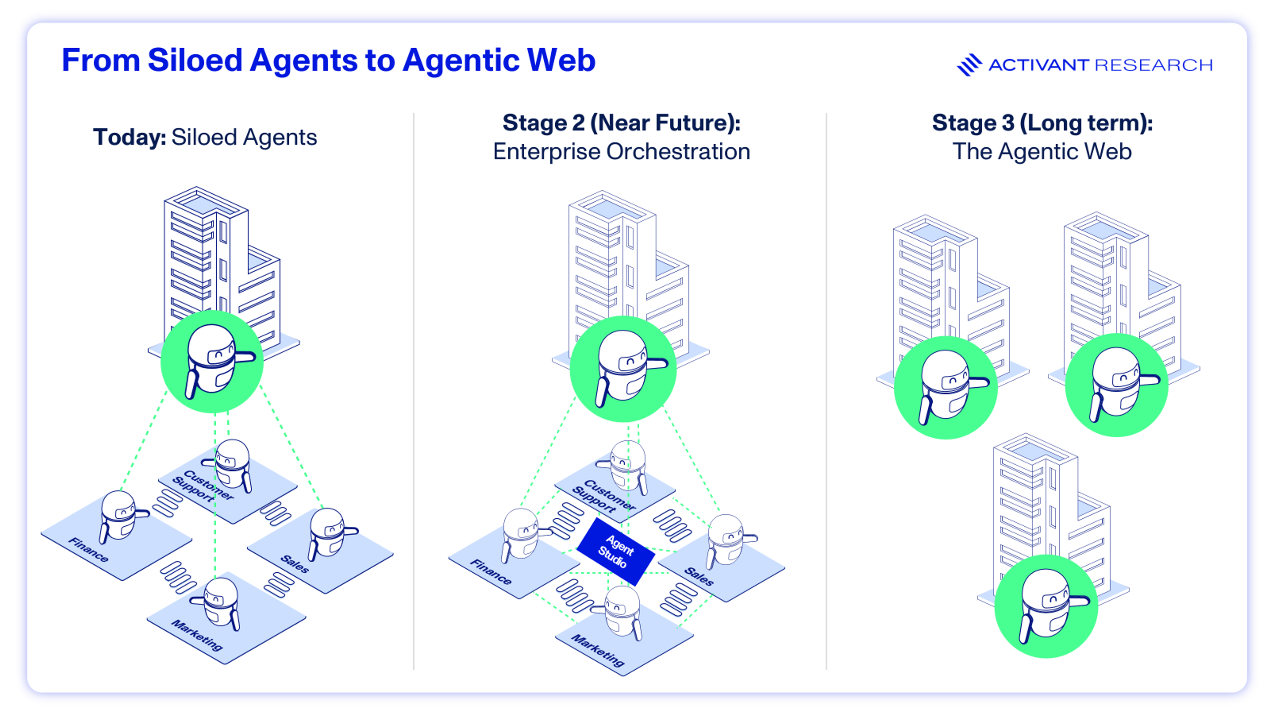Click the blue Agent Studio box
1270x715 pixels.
[616, 552]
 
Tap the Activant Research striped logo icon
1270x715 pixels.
[969, 65]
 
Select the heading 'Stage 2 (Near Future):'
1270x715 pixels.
[621, 122]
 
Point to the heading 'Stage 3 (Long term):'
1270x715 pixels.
[1042, 122]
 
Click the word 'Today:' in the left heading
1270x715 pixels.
[130, 137]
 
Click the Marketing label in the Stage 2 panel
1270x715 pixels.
[598, 650]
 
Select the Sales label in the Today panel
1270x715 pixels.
[295, 563]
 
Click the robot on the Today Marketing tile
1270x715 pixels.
[217, 604]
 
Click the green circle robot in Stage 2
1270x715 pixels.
[623, 369]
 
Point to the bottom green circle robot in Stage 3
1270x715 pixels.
[1046, 606]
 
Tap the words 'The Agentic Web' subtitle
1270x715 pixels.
[1042, 152]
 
